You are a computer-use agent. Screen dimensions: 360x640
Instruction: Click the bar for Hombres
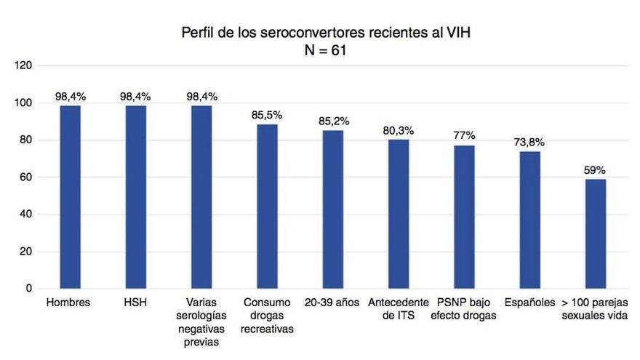click(x=71, y=197)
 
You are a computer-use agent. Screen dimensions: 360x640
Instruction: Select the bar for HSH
click(x=136, y=197)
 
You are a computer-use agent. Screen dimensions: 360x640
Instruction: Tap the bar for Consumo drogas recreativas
click(x=268, y=207)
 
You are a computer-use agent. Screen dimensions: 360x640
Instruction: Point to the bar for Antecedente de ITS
click(x=399, y=214)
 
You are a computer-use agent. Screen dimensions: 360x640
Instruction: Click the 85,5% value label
click(x=268, y=115)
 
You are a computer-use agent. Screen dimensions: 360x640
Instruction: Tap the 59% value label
click(x=594, y=169)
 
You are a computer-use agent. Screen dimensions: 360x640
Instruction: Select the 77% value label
click(x=464, y=135)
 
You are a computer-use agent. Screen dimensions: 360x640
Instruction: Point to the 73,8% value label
click(x=530, y=142)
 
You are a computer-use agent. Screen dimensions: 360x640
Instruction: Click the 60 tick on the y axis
click(x=26, y=177)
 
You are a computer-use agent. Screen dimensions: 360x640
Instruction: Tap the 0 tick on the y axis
click(x=29, y=289)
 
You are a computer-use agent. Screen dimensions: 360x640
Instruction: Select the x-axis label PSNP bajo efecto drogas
click(x=465, y=309)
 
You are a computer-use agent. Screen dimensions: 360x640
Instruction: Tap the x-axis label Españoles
click(x=530, y=303)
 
